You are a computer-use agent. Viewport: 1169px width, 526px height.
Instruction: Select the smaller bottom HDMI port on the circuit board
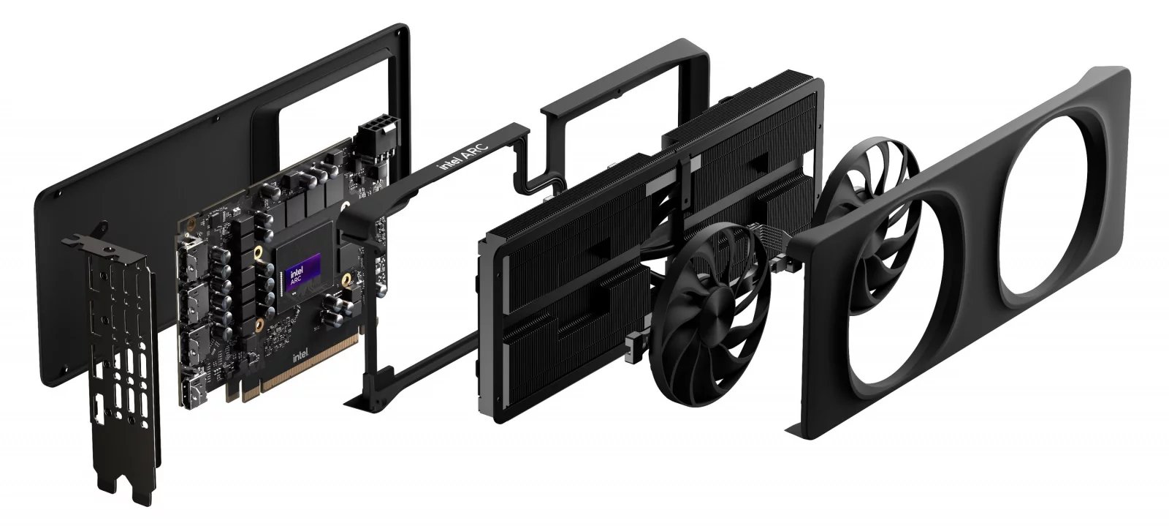196,386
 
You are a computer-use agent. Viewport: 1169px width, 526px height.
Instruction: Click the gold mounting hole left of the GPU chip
257,257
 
